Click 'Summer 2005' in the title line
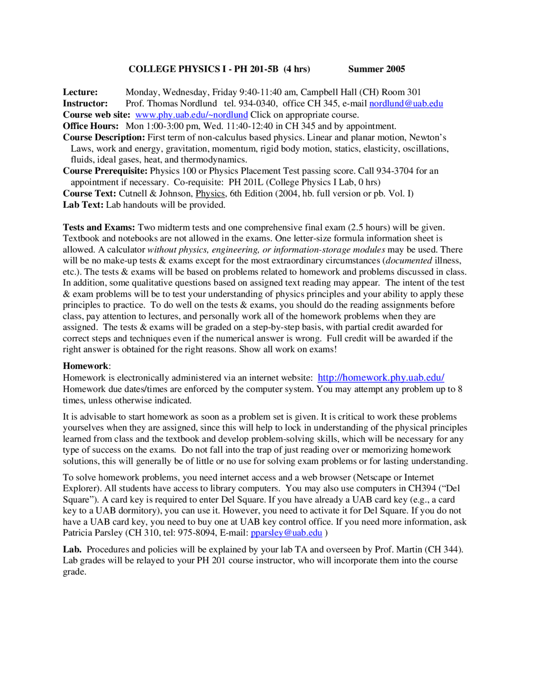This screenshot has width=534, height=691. coord(376,69)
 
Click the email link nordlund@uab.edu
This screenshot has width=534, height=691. coord(406,103)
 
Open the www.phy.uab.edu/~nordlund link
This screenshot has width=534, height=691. coord(191,115)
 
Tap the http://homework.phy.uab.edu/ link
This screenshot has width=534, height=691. coord(380,378)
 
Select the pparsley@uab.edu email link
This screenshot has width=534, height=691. coord(286,533)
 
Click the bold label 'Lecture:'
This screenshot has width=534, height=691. coord(80,92)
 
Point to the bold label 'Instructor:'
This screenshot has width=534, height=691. coord(85,103)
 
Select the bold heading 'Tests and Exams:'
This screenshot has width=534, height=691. coord(99,227)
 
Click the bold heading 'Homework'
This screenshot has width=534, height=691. coord(86,366)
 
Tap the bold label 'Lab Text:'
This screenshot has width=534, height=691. coord(83,205)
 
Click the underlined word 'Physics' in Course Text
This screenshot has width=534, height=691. coord(210,194)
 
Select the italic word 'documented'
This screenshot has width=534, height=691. coord(409,261)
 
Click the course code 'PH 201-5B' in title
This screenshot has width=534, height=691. coord(256,69)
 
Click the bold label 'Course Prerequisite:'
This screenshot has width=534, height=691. coord(105,171)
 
